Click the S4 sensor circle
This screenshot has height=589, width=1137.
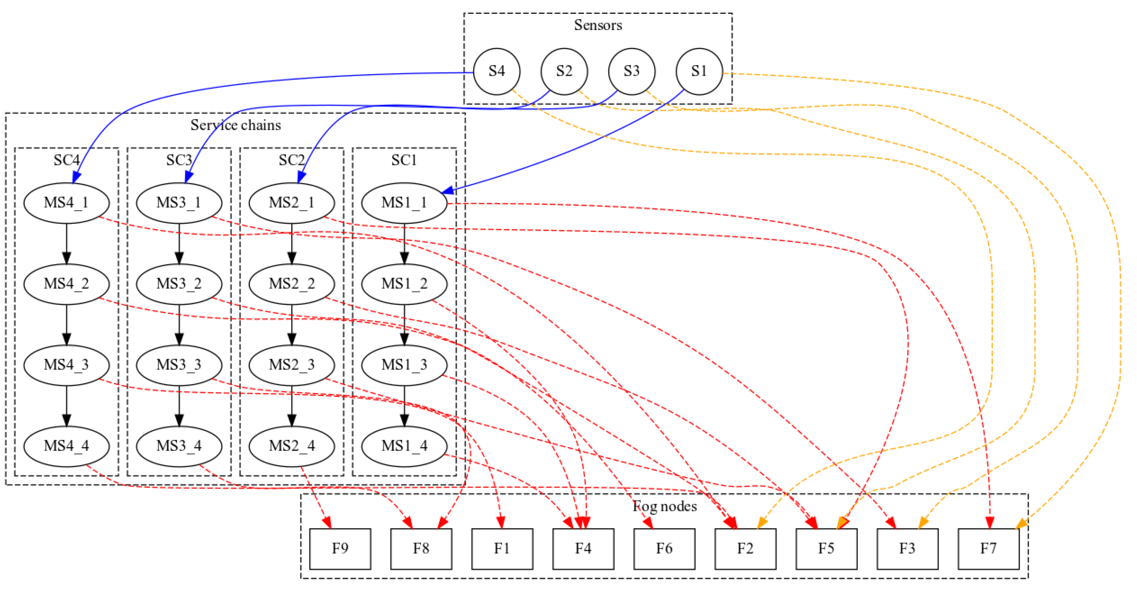(x=497, y=72)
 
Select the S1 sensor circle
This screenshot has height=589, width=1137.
(x=699, y=72)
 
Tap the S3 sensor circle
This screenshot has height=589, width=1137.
(x=632, y=72)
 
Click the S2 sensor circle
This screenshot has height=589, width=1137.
(x=564, y=72)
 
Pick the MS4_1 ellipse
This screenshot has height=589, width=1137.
(x=66, y=203)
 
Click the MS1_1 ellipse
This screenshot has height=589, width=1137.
(x=404, y=203)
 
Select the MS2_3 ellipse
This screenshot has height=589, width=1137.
(x=291, y=365)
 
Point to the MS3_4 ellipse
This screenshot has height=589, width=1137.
(x=179, y=446)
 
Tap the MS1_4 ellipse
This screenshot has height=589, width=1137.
(x=404, y=446)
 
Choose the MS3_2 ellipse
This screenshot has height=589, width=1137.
(x=179, y=284)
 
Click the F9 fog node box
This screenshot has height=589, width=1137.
(x=340, y=549)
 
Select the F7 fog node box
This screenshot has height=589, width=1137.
(x=988, y=549)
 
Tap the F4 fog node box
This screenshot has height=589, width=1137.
(x=583, y=549)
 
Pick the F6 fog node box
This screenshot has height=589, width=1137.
(x=664, y=549)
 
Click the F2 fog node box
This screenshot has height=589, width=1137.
(x=745, y=549)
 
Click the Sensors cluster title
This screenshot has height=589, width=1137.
(x=598, y=25)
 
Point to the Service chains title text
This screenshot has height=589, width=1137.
(x=235, y=125)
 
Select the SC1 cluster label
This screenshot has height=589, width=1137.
(x=404, y=160)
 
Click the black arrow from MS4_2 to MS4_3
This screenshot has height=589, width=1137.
(x=66, y=325)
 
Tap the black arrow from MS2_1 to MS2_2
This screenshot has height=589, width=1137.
(x=292, y=244)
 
